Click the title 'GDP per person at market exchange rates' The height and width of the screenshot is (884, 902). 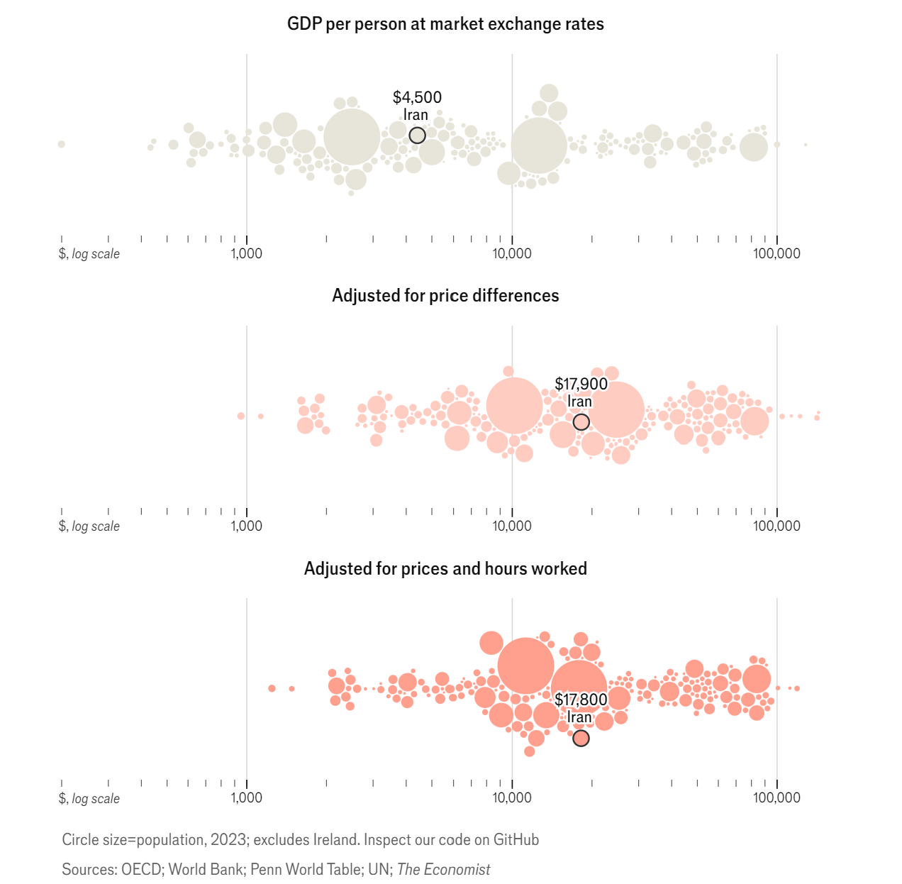[x=445, y=24]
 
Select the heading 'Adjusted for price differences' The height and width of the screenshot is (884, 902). [x=445, y=296]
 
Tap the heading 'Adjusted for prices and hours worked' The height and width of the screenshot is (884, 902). [x=445, y=569]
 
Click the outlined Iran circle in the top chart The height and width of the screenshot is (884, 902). [x=418, y=136]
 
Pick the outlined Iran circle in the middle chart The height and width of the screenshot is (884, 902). [x=581, y=422]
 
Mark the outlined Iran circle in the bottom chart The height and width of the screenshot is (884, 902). [x=581, y=739]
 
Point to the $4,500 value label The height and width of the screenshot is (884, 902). [x=417, y=97]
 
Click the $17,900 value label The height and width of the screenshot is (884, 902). [x=581, y=385]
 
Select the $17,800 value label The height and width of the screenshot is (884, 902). [x=581, y=700]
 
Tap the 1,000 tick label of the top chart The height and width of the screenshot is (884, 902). [x=247, y=254]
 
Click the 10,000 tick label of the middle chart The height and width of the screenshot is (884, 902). [x=512, y=526]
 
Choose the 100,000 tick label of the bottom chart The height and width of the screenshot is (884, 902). [x=777, y=798]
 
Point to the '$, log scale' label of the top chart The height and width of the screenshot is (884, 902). [x=89, y=254]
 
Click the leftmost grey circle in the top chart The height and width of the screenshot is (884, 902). [x=62, y=144]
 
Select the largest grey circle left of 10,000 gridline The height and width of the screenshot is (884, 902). [x=352, y=137]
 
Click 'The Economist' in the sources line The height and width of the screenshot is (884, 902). [x=444, y=870]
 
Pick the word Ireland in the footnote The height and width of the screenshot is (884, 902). [x=335, y=840]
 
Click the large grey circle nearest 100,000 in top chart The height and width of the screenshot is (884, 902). [x=754, y=148]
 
